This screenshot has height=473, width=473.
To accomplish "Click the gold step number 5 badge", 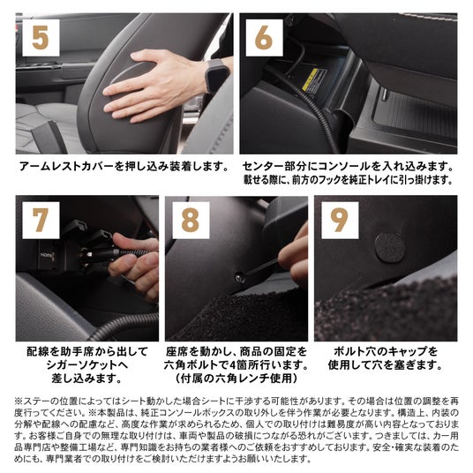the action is point(41,38).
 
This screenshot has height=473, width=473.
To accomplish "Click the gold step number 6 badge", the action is point(264,38).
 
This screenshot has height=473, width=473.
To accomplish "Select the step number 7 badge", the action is point(41,221).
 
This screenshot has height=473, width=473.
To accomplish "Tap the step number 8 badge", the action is point(191,221).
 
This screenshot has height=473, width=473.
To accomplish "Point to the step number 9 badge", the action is point(340,221).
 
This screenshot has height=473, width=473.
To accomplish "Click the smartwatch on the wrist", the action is point(217,76).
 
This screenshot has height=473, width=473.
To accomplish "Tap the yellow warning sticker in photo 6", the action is point(310,79).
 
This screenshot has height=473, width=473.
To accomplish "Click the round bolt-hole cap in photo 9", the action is point(390,247).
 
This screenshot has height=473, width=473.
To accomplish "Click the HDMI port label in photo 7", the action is point(48,255).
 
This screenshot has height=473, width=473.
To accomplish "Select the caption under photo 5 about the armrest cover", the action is point(124,167).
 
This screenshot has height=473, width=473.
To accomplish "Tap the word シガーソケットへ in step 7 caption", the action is point(87,365).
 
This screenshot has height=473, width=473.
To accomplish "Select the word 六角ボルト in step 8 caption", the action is point(191,365).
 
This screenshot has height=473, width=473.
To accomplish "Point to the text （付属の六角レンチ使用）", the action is point(236,379).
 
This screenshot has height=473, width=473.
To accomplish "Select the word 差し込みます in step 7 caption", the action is point(83,379).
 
